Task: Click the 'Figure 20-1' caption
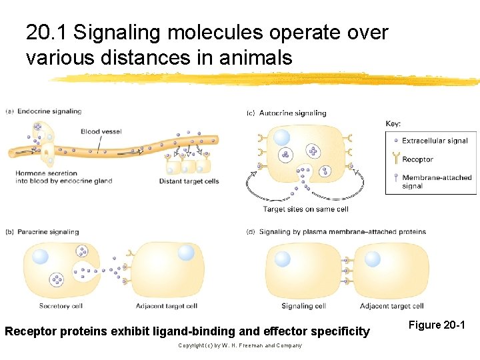click(437, 325)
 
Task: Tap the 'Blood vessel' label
click(101, 131)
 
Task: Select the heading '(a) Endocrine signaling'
click(43, 111)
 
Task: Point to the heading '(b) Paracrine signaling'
click(42, 232)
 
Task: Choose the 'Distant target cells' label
click(189, 181)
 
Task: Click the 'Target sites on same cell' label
click(305, 209)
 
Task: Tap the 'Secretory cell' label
click(61, 307)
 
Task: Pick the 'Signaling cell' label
click(303, 307)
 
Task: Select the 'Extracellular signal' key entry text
click(435, 141)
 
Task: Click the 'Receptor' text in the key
click(417, 159)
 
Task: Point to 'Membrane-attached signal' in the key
click(436, 181)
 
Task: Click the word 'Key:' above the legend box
click(393, 123)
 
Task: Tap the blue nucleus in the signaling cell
click(283, 259)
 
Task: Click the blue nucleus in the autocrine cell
click(282, 137)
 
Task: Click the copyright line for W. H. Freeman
click(240, 345)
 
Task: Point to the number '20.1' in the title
click(47, 32)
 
